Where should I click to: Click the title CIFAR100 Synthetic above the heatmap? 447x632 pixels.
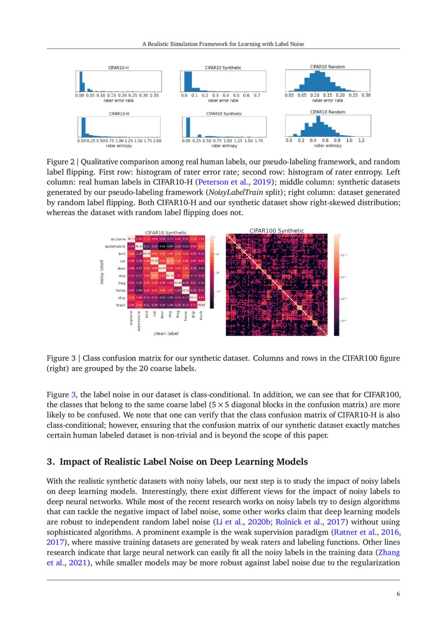pyautogui.click(x=276, y=231)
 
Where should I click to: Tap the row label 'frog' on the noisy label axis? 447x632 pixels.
pyautogui.click(x=119, y=283)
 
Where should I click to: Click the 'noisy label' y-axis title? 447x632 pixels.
pyautogui.click(x=101, y=271)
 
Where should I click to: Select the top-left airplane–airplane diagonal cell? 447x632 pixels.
pyautogui.click(x=131, y=239)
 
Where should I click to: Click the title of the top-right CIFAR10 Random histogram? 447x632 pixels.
pyautogui.click(x=327, y=66)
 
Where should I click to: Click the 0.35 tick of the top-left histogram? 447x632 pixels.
pyautogui.click(x=154, y=95)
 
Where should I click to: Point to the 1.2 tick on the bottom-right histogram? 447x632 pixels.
pyautogui.click(x=362, y=140)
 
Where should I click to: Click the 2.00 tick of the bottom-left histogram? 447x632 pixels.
pyautogui.click(x=157, y=141)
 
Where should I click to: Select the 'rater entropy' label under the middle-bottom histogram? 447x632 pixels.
pyautogui.click(x=224, y=145)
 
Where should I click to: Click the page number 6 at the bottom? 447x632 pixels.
pyautogui.click(x=398, y=594)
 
